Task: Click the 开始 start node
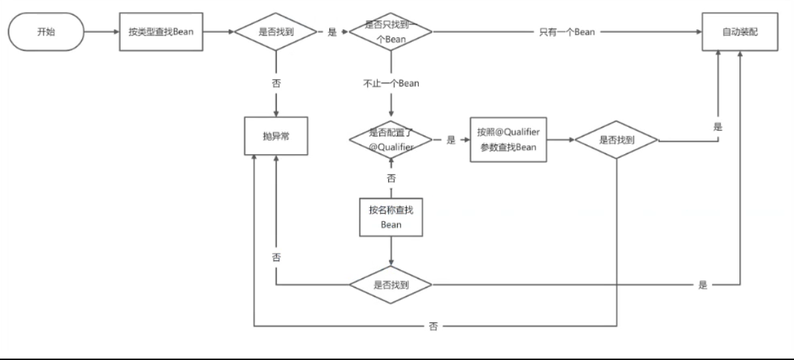(x=46, y=32)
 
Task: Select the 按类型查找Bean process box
(x=161, y=32)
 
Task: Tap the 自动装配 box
(x=739, y=32)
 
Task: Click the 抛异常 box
(x=276, y=136)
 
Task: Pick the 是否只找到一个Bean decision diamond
(x=391, y=32)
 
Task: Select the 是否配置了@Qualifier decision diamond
(x=391, y=140)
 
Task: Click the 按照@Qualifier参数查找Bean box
(x=509, y=140)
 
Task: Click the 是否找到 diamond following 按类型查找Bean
(x=276, y=32)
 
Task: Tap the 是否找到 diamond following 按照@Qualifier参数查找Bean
(x=617, y=140)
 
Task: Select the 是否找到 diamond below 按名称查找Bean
(x=391, y=284)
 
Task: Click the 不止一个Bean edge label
(x=391, y=84)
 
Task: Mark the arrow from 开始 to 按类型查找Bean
(x=102, y=32)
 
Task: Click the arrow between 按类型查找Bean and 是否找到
(x=218, y=32)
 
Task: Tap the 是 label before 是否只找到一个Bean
(x=332, y=32)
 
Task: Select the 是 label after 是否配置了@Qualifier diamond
(x=451, y=140)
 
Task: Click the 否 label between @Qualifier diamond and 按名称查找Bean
(x=391, y=179)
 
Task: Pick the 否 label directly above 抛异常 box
(x=276, y=84)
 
